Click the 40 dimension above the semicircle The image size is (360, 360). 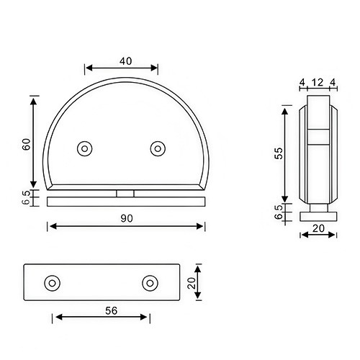pos(125,61)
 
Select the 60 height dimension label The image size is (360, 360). pos(26,143)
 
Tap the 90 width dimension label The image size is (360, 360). pos(126,217)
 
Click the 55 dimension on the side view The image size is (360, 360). pos(278,152)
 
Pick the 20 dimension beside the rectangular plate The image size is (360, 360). pos(192,284)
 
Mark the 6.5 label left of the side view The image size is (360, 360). pos(278,212)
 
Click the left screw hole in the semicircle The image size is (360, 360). pos(85,148)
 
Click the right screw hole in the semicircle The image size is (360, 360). pos(158,148)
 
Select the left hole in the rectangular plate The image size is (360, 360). pos(51,283)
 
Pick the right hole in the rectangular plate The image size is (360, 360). pos(150,283)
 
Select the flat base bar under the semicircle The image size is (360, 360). pos(126,202)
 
